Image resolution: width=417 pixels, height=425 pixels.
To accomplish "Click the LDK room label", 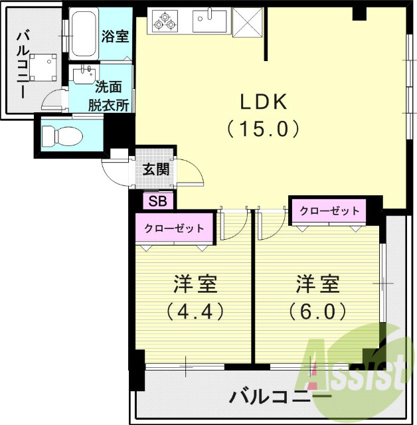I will [263, 102].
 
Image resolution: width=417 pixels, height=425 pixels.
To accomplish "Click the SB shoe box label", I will [158, 200].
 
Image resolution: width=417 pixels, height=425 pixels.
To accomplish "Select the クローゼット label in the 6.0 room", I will [329, 211].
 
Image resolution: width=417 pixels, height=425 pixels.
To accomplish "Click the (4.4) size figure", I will [194, 311].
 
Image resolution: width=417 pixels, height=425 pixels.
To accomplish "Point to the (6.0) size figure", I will [317, 311].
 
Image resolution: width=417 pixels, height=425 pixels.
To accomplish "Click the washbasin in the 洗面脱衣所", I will [84, 74].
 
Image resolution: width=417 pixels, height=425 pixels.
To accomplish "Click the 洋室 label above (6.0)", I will [317, 285].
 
